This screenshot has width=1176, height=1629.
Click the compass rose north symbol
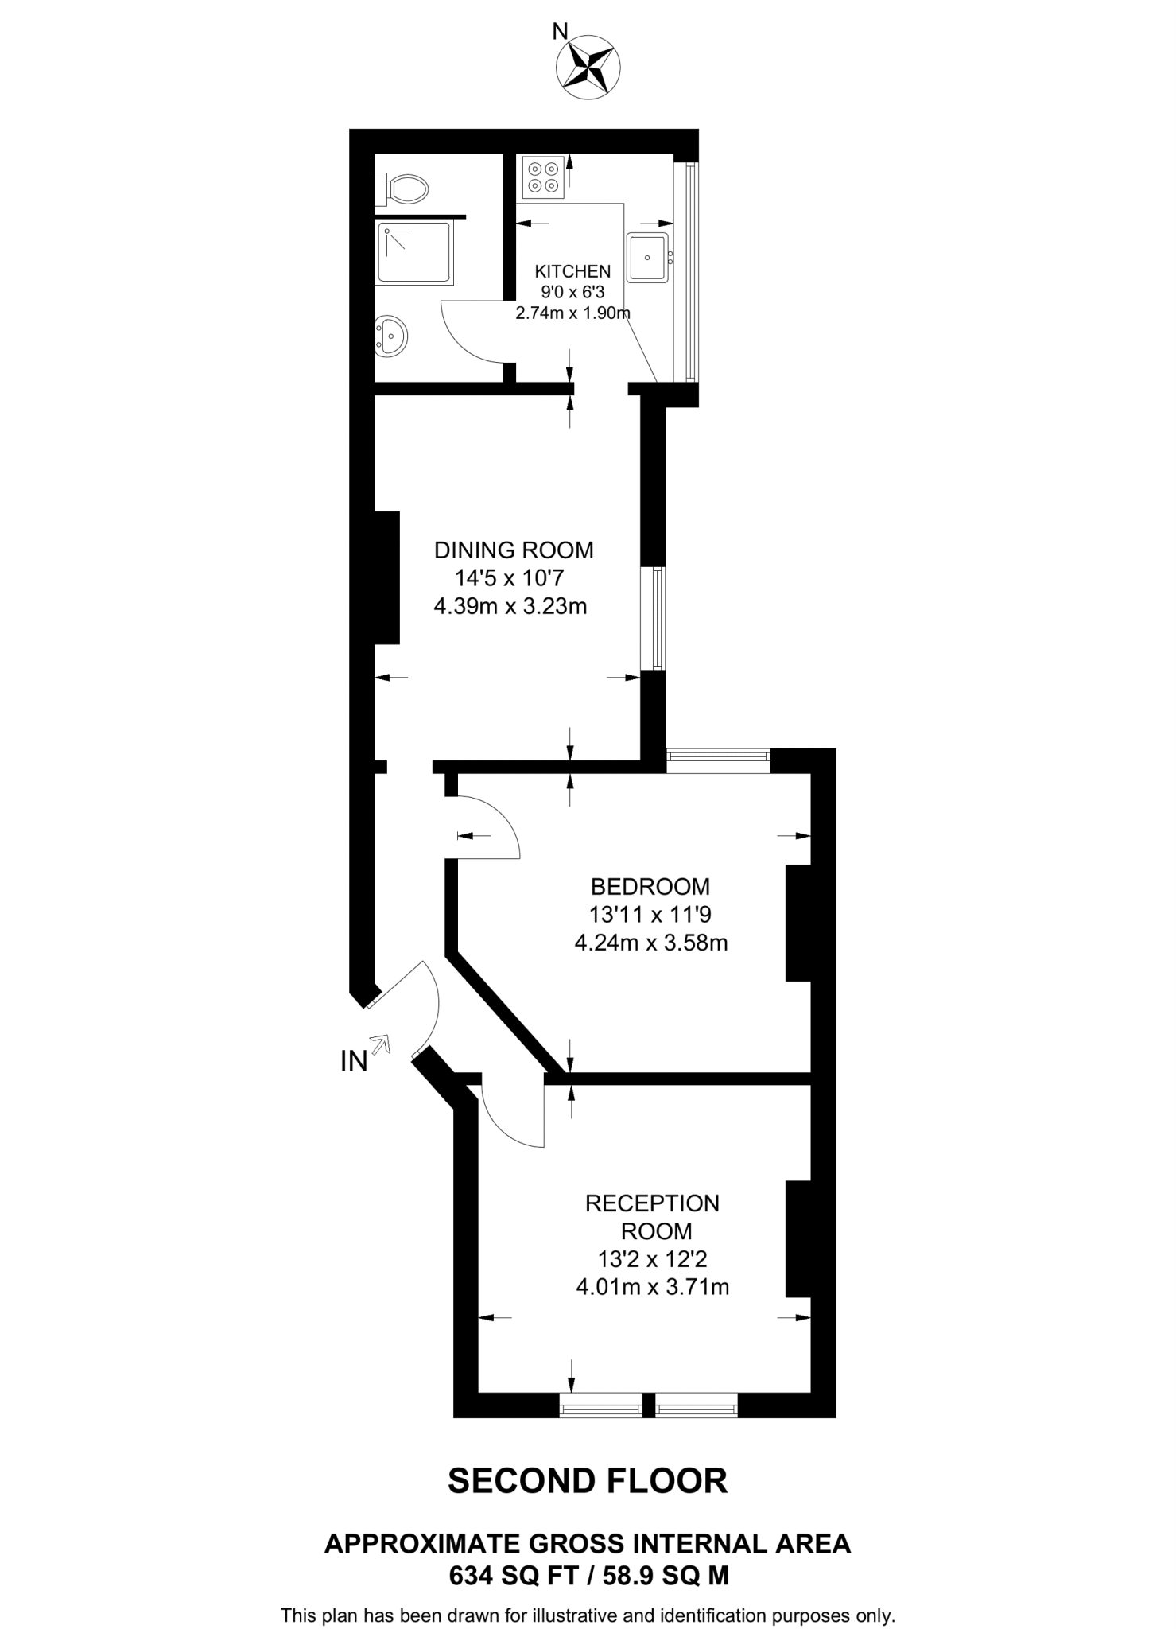tap(589, 68)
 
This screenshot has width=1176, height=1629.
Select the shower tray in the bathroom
tap(414, 253)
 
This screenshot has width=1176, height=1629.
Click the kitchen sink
tap(647, 257)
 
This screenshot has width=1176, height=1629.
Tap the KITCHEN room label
tap(572, 271)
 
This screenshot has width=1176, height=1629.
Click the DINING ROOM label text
tap(514, 550)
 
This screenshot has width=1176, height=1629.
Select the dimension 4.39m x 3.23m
tap(510, 607)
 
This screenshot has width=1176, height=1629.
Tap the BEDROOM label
tap(650, 885)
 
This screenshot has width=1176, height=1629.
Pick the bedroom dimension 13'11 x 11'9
tap(650, 914)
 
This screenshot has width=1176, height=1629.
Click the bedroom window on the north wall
tap(718, 760)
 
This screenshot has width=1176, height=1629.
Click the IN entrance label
tap(354, 1060)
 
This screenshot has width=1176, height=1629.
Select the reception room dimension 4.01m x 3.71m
tap(652, 1286)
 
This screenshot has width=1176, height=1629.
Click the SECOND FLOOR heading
tap(588, 1481)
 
